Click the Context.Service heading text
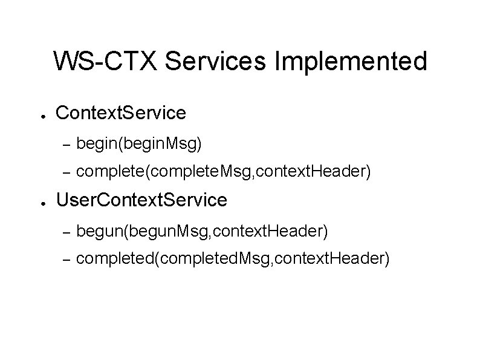120,113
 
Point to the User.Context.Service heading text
141,200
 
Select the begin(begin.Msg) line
140,144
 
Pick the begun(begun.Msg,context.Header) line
203,231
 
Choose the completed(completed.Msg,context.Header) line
233,259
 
